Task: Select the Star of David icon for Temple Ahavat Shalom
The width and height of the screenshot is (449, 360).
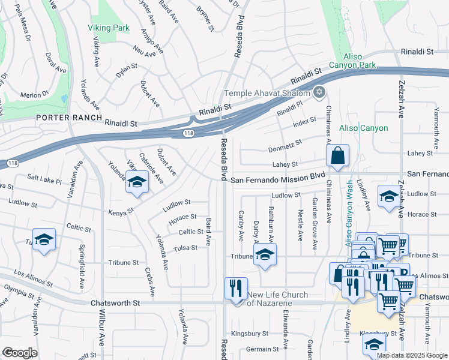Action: point(319,92)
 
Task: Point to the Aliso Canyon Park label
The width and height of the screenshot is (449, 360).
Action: point(353,61)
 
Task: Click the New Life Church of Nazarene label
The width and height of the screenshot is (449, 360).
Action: point(278,298)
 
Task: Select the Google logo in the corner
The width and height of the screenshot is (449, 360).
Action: point(19,353)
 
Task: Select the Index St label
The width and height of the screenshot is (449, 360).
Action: point(304,121)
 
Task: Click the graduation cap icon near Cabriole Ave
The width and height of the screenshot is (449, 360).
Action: point(137,182)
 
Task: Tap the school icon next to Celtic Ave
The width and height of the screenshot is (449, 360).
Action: point(44,239)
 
